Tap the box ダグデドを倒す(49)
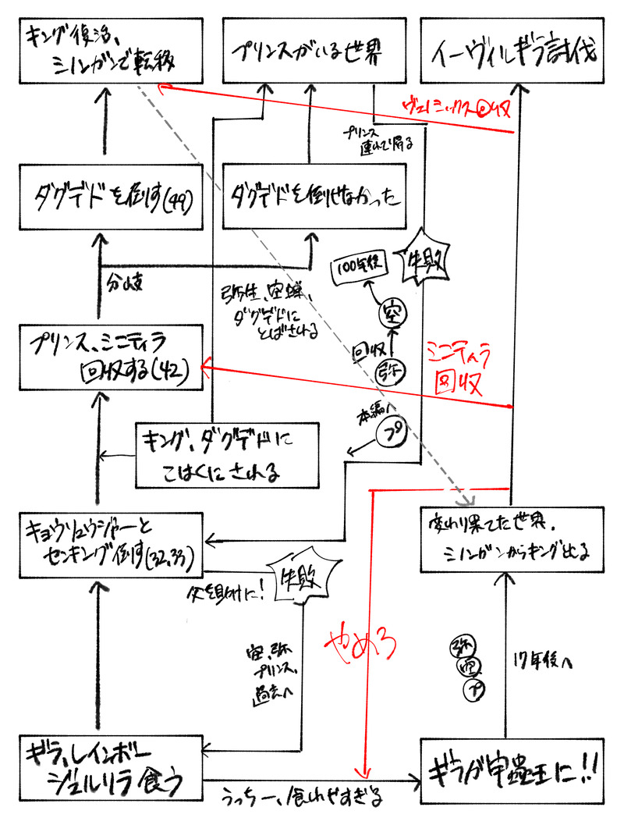click(105, 196)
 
